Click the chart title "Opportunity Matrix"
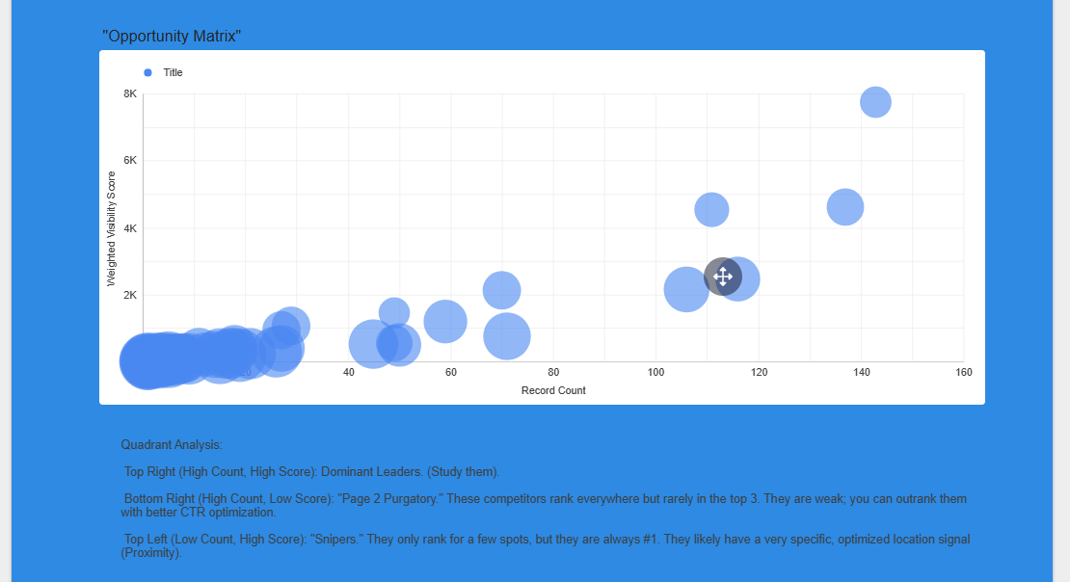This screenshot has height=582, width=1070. [172, 37]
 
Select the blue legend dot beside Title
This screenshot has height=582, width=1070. [147, 72]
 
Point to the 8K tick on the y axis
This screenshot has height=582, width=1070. [130, 93]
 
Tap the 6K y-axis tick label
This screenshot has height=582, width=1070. [130, 161]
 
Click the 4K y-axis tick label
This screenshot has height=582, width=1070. [130, 228]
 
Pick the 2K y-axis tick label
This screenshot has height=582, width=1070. [130, 295]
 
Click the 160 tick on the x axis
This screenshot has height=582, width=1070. [962, 372]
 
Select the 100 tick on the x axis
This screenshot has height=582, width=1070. [655, 372]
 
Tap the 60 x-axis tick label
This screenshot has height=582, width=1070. [451, 372]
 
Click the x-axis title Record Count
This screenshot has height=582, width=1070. [553, 390]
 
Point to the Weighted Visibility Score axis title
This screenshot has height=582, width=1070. [111, 229]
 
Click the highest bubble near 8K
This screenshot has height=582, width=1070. [874, 102]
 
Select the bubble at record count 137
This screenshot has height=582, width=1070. [844, 207]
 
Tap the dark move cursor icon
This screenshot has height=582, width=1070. [723, 277]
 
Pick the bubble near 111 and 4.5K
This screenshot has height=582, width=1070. [711, 209]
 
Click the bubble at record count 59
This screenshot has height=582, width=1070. [444, 321]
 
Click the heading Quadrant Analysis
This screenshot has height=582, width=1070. [172, 445]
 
